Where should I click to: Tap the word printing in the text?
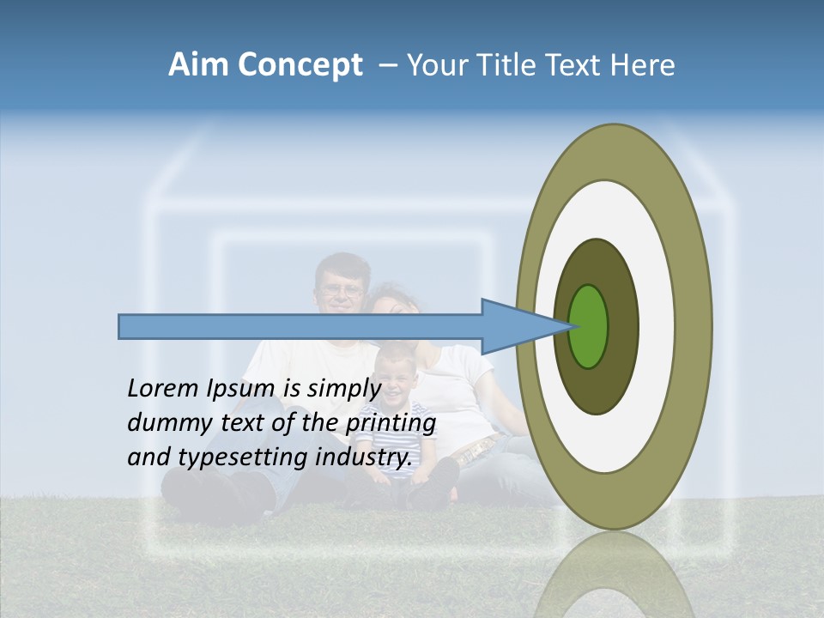[390, 423]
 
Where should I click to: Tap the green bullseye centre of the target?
[589, 326]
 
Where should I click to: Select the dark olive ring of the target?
[622, 326]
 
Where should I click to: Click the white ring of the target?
[657, 326]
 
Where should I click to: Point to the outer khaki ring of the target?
[695, 326]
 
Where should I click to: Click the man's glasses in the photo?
[342, 290]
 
